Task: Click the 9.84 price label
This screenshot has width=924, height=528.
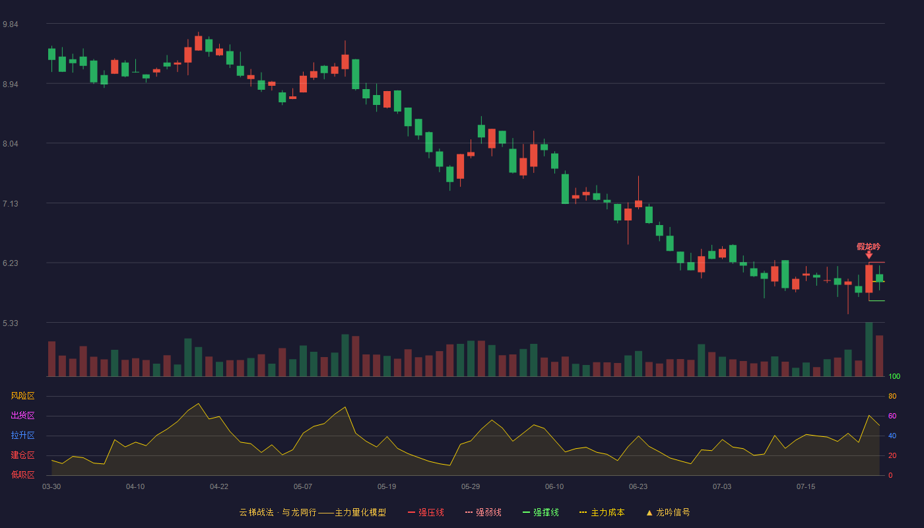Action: pyautogui.click(x=11, y=24)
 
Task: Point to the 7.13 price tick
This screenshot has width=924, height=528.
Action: pyautogui.click(x=11, y=204)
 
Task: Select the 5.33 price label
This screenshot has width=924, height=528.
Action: pyautogui.click(x=11, y=323)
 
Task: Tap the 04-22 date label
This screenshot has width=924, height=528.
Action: pyautogui.click(x=218, y=487)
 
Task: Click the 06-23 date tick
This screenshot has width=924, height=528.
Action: pyautogui.click(x=638, y=487)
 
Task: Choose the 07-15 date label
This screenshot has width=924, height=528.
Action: pyautogui.click(x=806, y=487)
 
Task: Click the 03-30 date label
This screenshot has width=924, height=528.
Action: pyautogui.click(x=51, y=487)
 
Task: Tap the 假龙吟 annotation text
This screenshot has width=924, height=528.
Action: pyautogui.click(x=869, y=247)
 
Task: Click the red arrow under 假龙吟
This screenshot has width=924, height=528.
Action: pyautogui.click(x=869, y=255)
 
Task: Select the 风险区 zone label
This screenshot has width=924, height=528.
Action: pyautogui.click(x=22, y=396)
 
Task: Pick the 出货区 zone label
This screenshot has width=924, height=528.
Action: pyautogui.click(x=22, y=416)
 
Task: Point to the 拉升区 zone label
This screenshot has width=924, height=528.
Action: pyautogui.click(x=22, y=436)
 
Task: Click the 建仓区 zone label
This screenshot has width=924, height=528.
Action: pyautogui.click(x=22, y=455)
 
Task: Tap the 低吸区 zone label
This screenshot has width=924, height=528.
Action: pyautogui.click(x=22, y=475)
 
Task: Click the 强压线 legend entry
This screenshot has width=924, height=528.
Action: pyautogui.click(x=426, y=513)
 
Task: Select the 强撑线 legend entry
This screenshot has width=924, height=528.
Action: pyautogui.click(x=541, y=513)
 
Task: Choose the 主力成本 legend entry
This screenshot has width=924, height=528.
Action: pyautogui.click(x=602, y=513)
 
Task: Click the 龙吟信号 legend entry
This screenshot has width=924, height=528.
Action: pyautogui.click(x=668, y=513)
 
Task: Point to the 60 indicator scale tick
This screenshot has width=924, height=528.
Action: pyautogui.click(x=892, y=416)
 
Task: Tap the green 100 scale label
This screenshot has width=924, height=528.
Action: pyautogui.click(x=894, y=376)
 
